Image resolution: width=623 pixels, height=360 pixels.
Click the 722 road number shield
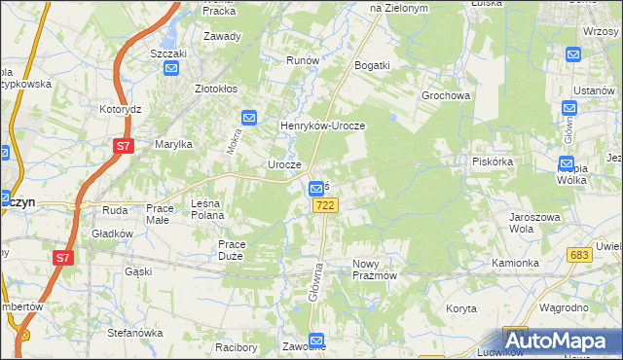coord(326,205)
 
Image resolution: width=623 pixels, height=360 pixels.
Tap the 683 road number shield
coord(581,254)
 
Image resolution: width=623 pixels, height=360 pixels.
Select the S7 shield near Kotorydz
coord(123,147)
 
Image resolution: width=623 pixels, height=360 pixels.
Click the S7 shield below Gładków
coord(62,258)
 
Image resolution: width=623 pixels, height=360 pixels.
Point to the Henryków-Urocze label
coord(322,126)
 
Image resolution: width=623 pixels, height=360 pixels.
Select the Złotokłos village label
coord(217,88)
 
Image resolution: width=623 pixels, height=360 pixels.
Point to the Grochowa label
coord(446,96)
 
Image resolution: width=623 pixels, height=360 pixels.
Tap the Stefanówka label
coord(134,333)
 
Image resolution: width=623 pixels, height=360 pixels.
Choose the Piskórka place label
coord(492,162)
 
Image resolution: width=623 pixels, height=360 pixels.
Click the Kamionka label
coord(515,263)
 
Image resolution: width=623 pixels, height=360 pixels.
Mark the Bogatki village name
coord(373,65)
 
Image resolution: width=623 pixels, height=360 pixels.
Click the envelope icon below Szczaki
coord(171,68)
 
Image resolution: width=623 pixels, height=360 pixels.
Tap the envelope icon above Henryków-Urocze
coord(249,118)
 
